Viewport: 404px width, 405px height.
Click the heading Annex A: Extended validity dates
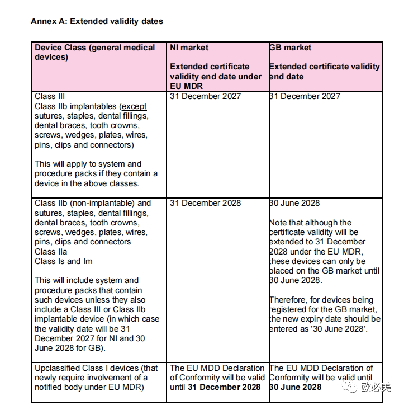[x=97, y=22]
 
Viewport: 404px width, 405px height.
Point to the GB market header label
[x=291, y=48]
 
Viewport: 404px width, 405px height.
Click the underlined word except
[x=134, y=106]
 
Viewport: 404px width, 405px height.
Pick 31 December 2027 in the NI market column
[x=206, y=96]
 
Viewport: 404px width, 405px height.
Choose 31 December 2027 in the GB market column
[x=305, y=96]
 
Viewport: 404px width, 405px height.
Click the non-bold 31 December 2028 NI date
[x=206, y=203]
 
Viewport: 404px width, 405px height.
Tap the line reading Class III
[x=50, y=96]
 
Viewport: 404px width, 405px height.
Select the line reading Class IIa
[x=50, y=252]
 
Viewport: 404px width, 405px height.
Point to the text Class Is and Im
[x=64, y=261]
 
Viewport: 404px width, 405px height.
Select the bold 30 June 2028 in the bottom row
[x=296, y=387]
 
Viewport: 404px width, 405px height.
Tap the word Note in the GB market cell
[x=279, y=223]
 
